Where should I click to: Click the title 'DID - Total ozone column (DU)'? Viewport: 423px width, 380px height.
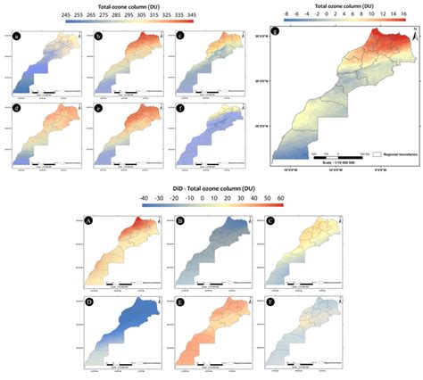[x=211, y=188]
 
